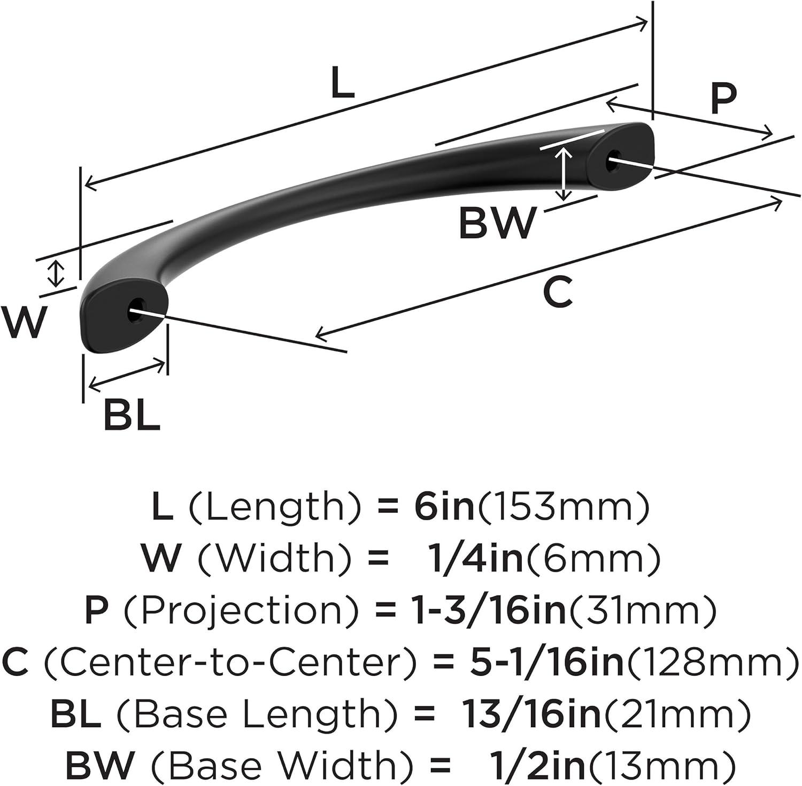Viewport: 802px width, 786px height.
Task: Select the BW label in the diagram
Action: point(497,223)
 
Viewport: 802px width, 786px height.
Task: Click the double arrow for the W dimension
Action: point(56,273)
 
